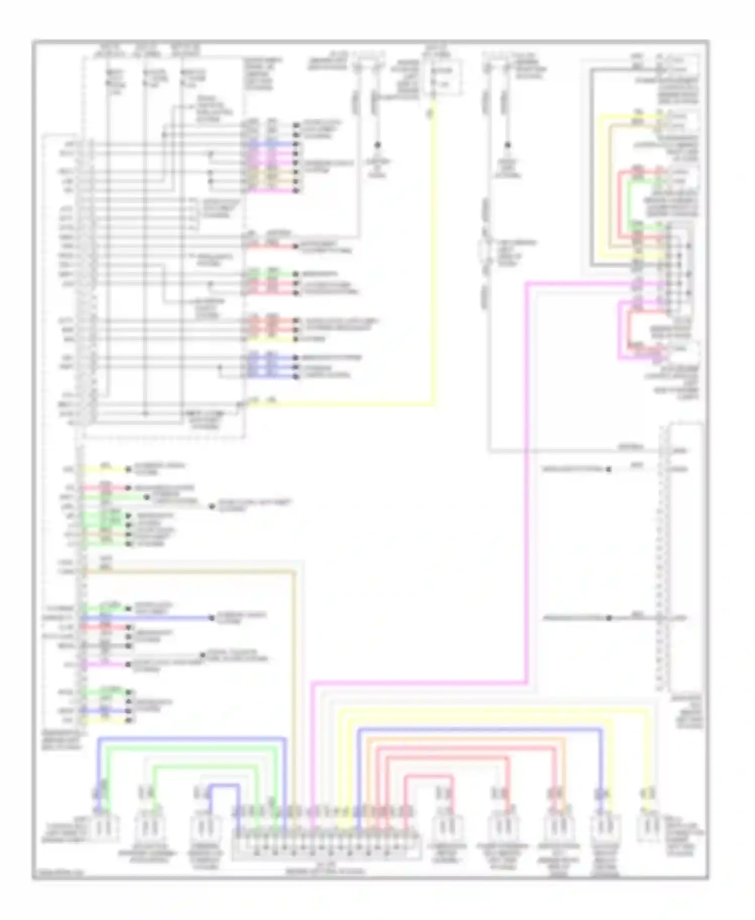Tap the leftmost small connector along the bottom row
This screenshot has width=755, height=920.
point(103,827)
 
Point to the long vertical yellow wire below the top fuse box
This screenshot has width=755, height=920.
point(432,252)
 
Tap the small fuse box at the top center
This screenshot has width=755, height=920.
point(442,77)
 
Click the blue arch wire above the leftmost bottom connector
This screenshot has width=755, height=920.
point(191,739)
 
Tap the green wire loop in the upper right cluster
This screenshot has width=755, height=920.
point(629,201)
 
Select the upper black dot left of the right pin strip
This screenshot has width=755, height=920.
point(608,470)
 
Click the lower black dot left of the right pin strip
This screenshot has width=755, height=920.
point(608,618)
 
